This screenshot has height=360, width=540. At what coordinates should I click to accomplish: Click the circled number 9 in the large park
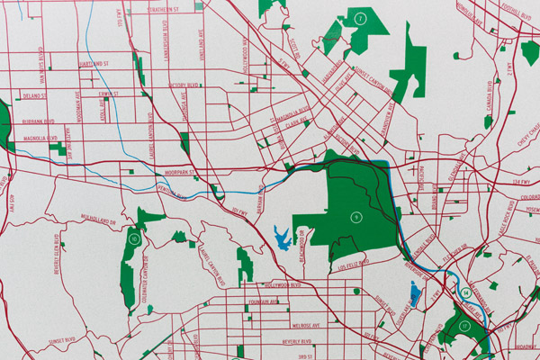pyautogui.click(x=355, y=217)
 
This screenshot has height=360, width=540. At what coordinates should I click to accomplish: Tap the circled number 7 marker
pyautogui.click(x=360, y=18)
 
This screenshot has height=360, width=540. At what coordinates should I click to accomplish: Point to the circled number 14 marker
pyautogui.click(x=465, y=292)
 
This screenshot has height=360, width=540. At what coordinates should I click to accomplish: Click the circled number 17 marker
pyautogui.click(x=465, y=326)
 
